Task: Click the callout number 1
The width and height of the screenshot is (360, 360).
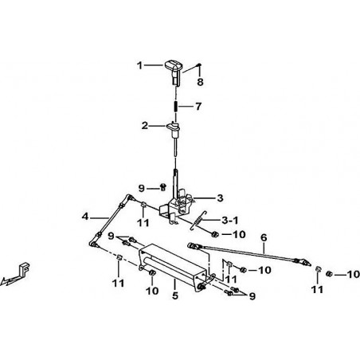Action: click(x=139, y=65)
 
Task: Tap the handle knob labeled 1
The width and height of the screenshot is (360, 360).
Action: click(x=174, y=72)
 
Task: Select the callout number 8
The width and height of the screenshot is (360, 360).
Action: click(x=200, y=82)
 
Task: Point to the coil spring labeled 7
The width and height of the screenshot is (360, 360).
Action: click(x=176, y=106)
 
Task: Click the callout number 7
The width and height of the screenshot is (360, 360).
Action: click(x=198, y=107)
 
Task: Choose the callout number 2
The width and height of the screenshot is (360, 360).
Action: click(x=144, y=126)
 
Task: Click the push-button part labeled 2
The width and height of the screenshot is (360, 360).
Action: click(x=174, y=129)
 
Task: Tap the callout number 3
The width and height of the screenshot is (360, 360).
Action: click(x=220, y=198)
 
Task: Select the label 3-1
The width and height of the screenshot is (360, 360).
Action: click(x=230, y=220)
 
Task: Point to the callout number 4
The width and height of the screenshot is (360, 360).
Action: click(x=85, y=217)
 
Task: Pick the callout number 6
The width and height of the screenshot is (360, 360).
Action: click(x=264, y=237)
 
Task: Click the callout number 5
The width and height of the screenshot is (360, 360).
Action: click(x=174, y=295)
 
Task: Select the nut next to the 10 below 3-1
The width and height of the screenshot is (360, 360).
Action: click(x=214, y=234)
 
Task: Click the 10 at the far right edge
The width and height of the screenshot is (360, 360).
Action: click(x=354, y=274)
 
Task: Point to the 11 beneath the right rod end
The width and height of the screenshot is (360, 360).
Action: click(x=317, y=289)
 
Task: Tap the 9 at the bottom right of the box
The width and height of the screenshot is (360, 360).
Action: click(x=252, y=296)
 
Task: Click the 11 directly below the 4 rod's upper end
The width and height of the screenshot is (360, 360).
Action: click(x=143, y=222)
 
